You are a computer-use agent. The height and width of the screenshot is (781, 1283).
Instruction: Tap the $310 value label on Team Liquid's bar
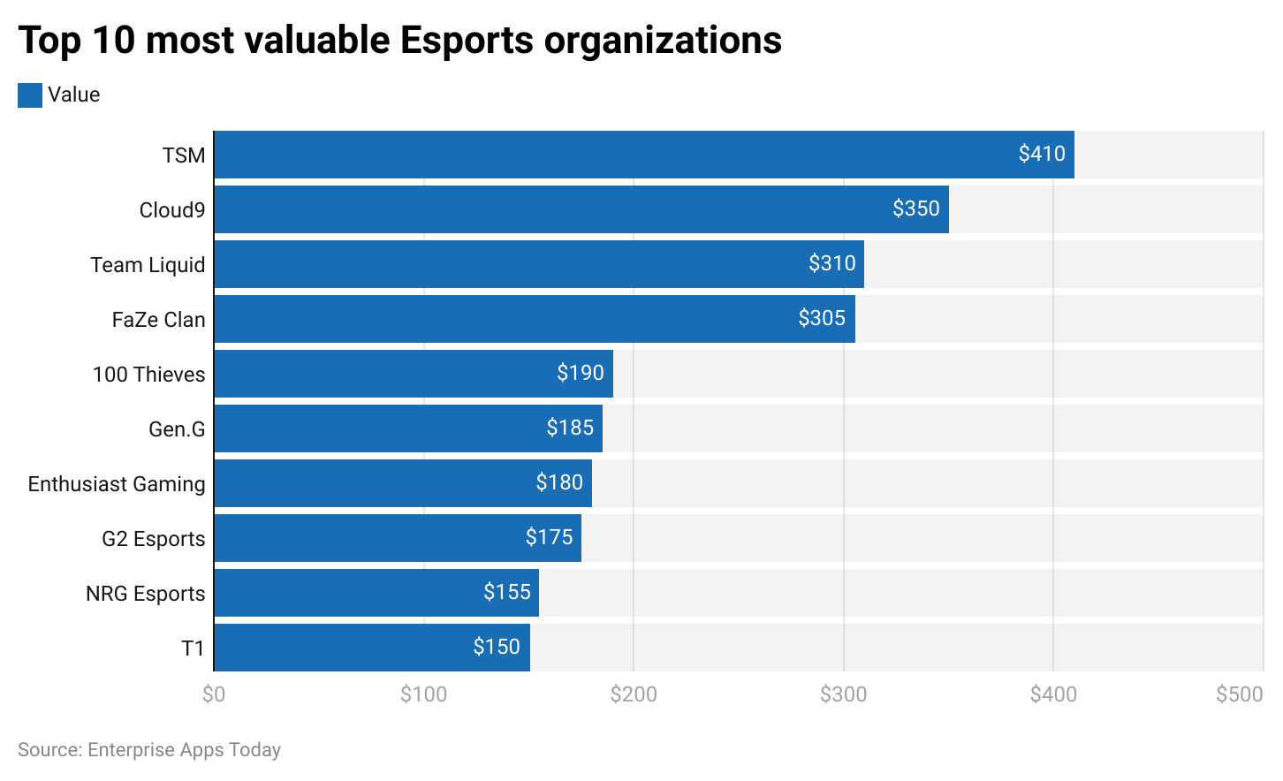click(x=831, y=263)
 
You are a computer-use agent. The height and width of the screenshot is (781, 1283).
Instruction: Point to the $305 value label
click(x=822, y=318)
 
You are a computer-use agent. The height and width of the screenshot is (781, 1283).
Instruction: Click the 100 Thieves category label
click(x=148, y=375)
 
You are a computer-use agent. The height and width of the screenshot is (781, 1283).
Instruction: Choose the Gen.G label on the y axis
click(x=177, y=429)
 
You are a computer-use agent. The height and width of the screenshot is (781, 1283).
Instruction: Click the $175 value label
click(x=549, y=537)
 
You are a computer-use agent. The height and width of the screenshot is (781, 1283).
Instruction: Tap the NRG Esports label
click(x=145, y=594)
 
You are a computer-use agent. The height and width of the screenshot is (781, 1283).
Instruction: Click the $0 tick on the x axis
click(x=214, y=694)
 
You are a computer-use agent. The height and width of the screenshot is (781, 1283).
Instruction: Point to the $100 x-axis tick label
click(x=423, y=694)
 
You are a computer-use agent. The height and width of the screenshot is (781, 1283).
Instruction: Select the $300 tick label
click(x=843, y=694)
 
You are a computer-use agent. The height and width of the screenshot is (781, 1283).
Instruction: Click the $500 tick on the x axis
click(x=1239, y=694)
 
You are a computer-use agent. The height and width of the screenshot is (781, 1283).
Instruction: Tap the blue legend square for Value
click(x=30, y=95)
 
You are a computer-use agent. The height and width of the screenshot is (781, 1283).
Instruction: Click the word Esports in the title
click(x=466, y=41)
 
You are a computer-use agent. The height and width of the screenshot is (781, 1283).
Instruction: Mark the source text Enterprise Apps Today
click(x=184, y=750)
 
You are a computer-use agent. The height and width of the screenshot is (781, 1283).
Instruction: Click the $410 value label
click(x=1041, y=154)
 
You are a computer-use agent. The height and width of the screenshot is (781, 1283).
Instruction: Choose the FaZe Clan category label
click(x=158, y=320)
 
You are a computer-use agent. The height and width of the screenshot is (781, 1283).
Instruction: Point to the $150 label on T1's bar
click(x=496, y=647)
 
